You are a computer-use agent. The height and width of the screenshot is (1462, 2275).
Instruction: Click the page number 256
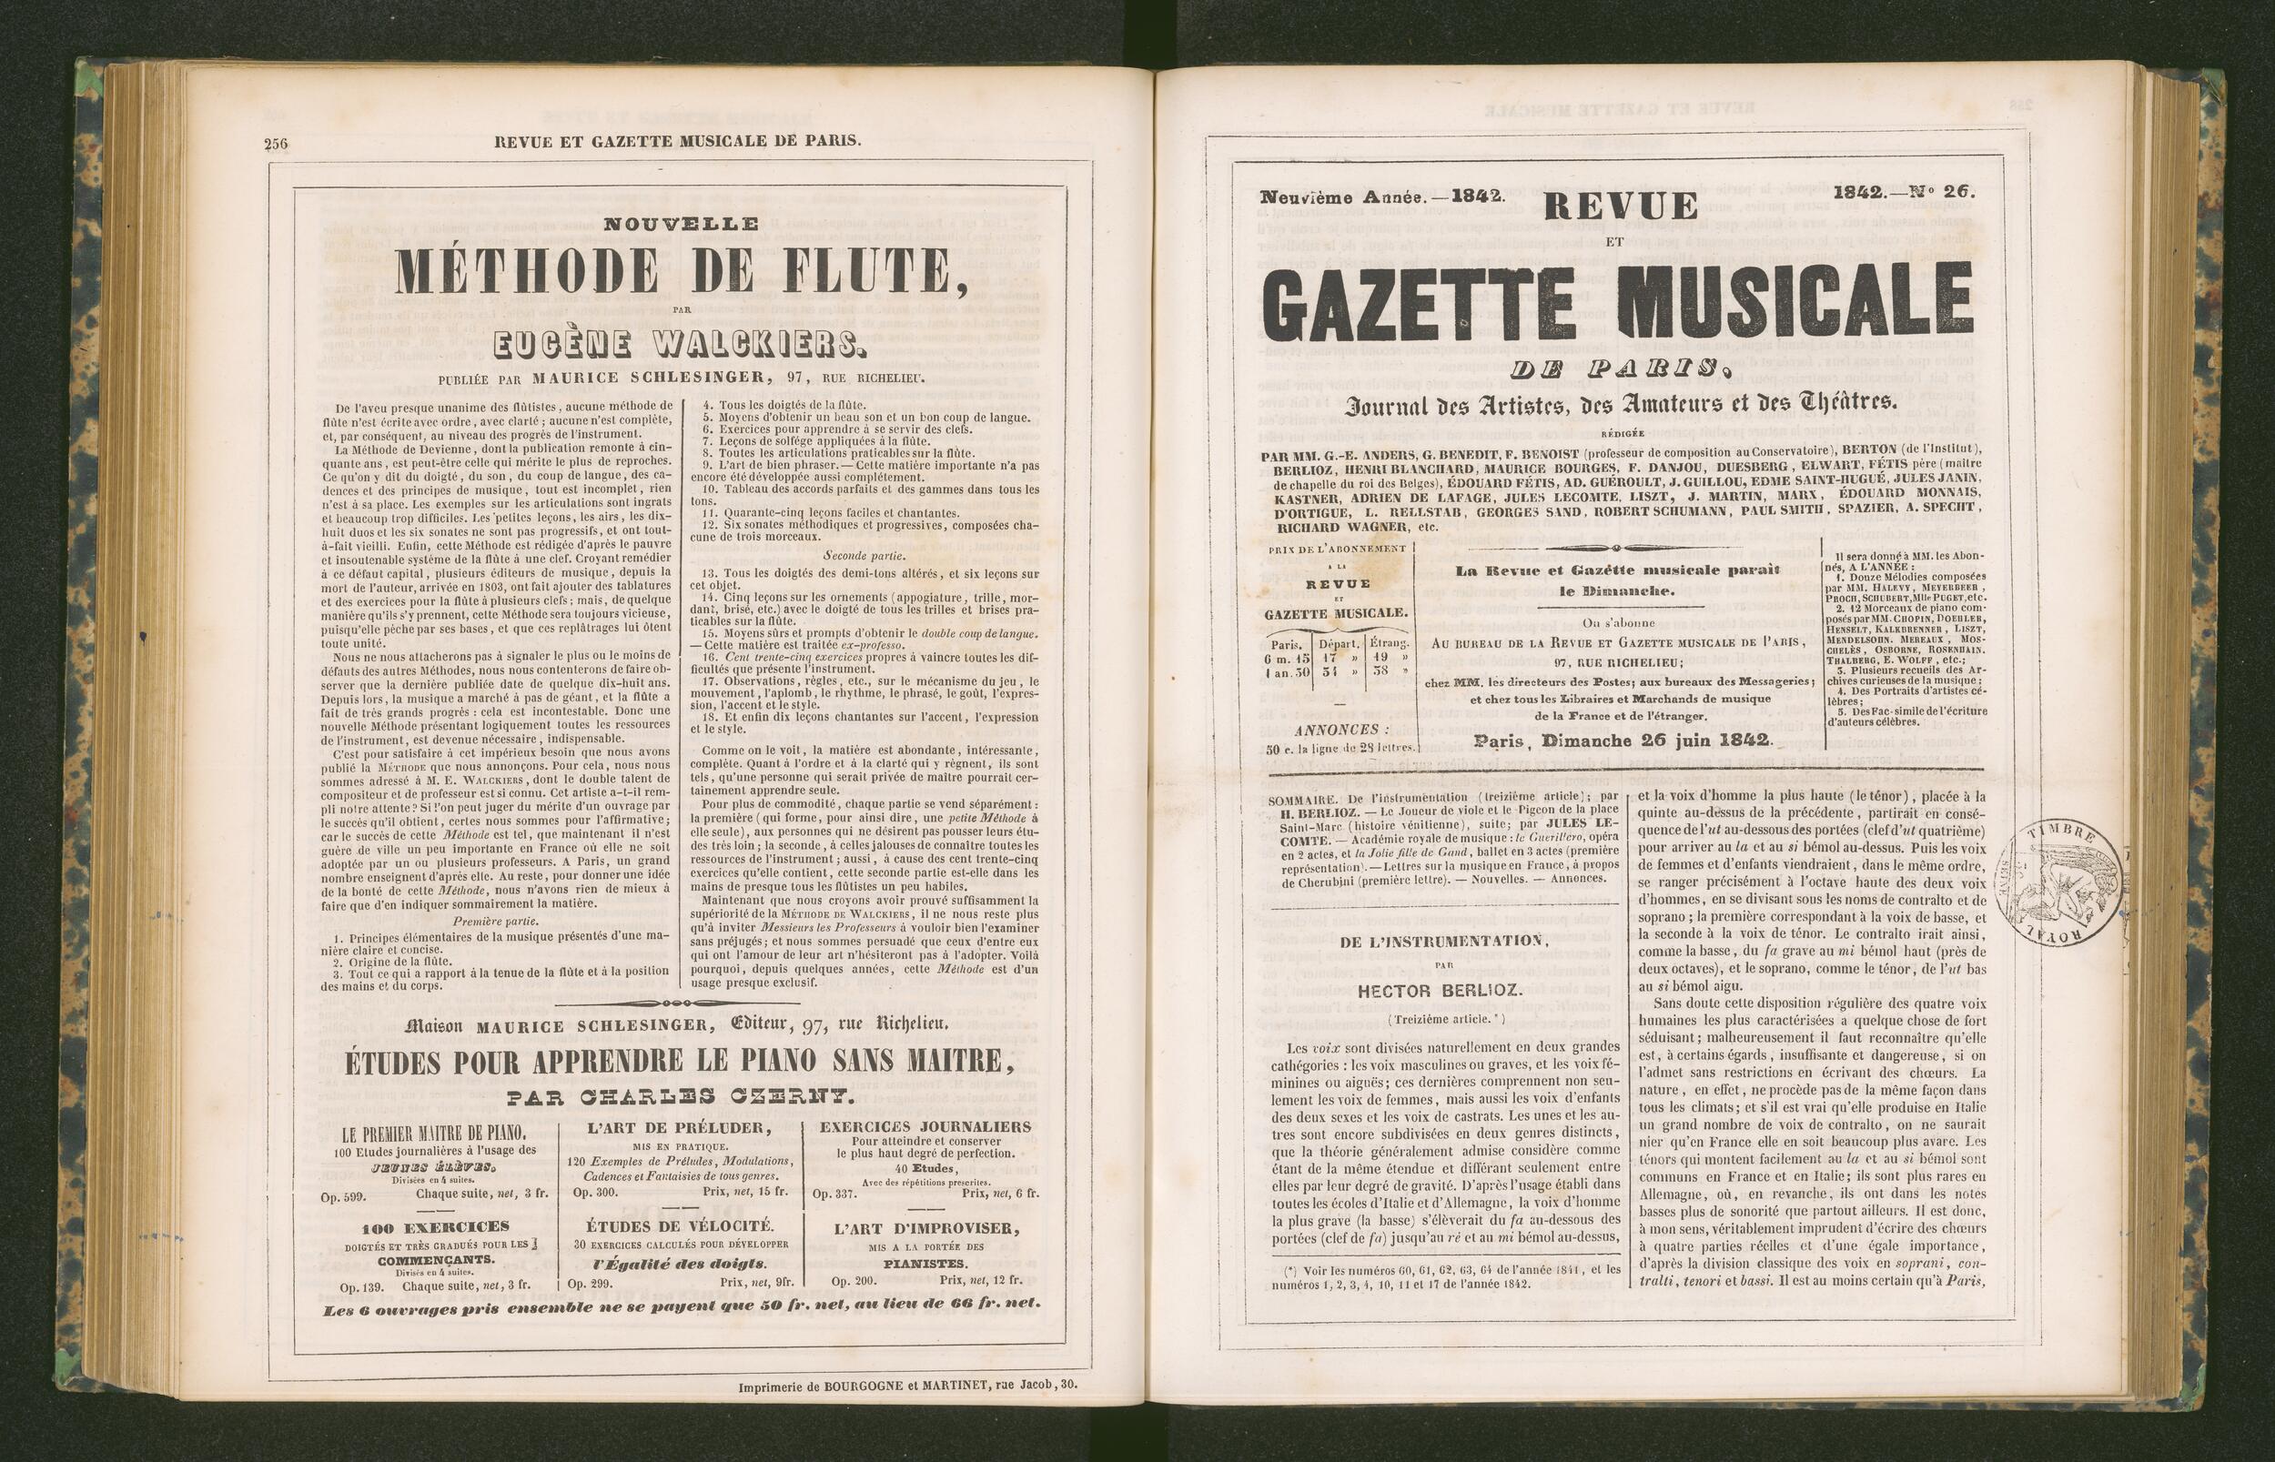[276, 144]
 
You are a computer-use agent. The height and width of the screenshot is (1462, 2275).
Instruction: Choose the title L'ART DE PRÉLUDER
[680, 1128]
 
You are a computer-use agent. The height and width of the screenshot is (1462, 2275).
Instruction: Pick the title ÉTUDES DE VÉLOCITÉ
[680, 1225]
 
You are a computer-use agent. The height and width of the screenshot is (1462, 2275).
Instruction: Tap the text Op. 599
[342, 1198]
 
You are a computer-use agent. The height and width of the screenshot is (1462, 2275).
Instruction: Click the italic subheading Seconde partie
[864, 555]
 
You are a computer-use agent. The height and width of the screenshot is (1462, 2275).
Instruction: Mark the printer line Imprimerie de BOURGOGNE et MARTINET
[906, 1412]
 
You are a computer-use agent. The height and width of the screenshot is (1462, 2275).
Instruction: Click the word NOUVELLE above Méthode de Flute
[681, 224]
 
